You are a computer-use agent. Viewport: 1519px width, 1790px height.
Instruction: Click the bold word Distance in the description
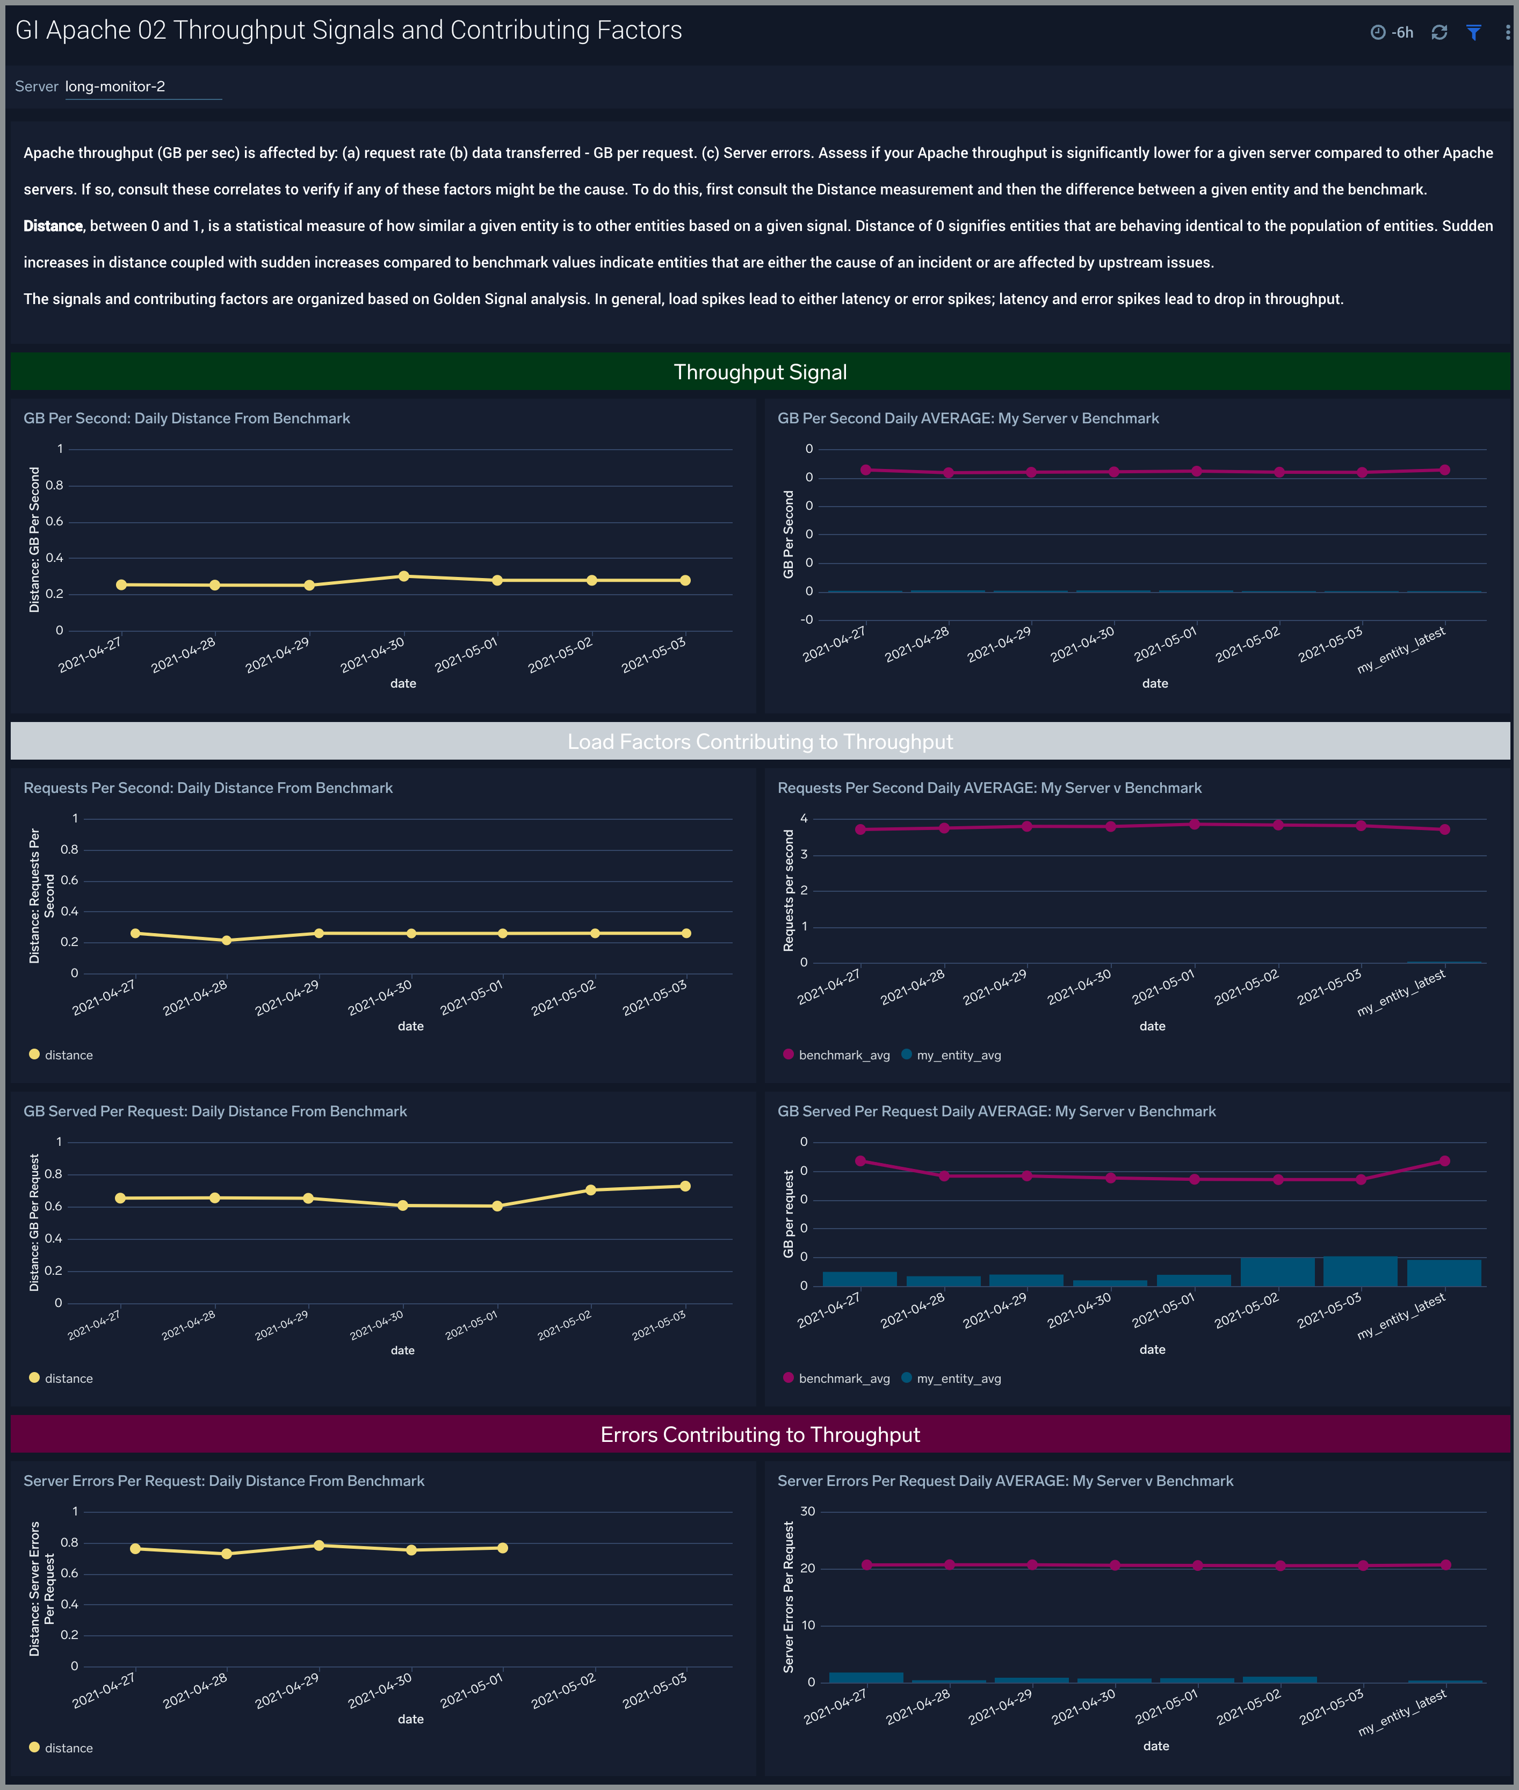click(x=53, y=226)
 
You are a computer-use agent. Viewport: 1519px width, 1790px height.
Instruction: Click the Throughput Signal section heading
click(x=759, y=372)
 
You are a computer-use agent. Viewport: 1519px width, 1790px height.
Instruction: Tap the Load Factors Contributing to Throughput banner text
click(x=759, y=742)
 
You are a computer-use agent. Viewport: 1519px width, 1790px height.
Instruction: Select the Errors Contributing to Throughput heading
click(x=759, y=1434)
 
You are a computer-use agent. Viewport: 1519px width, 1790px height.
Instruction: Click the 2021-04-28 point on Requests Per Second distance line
click(x=227, y=941)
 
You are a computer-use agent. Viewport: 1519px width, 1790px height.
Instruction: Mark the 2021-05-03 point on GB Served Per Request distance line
click(x=685, y=1186)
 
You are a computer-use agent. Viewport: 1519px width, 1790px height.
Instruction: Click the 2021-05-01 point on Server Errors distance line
click(x=503, y=1548)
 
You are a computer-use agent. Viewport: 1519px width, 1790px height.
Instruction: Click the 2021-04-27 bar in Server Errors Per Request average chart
click(x=865, y=1677)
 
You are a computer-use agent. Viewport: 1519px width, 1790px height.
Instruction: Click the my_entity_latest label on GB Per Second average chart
click(x=1401, y=651)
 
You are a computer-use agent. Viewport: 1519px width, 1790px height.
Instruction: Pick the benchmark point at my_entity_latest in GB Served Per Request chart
click(x=1444, y=1161)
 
